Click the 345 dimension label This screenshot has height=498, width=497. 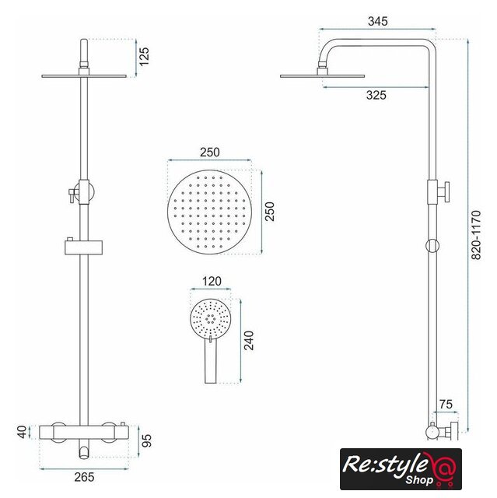pos(378,21)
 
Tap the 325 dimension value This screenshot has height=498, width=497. pos(376,95)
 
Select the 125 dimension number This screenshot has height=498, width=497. pos(144,57)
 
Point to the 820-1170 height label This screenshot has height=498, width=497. pos(476,235)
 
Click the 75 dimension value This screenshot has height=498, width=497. pos(446,405)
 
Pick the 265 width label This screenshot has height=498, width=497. pos(84,477)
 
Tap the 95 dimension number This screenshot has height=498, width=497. pos(146,440)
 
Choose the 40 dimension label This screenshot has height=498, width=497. pos(22,432)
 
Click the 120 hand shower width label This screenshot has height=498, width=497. pos(212,281)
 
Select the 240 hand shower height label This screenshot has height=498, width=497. pos(249,341)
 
